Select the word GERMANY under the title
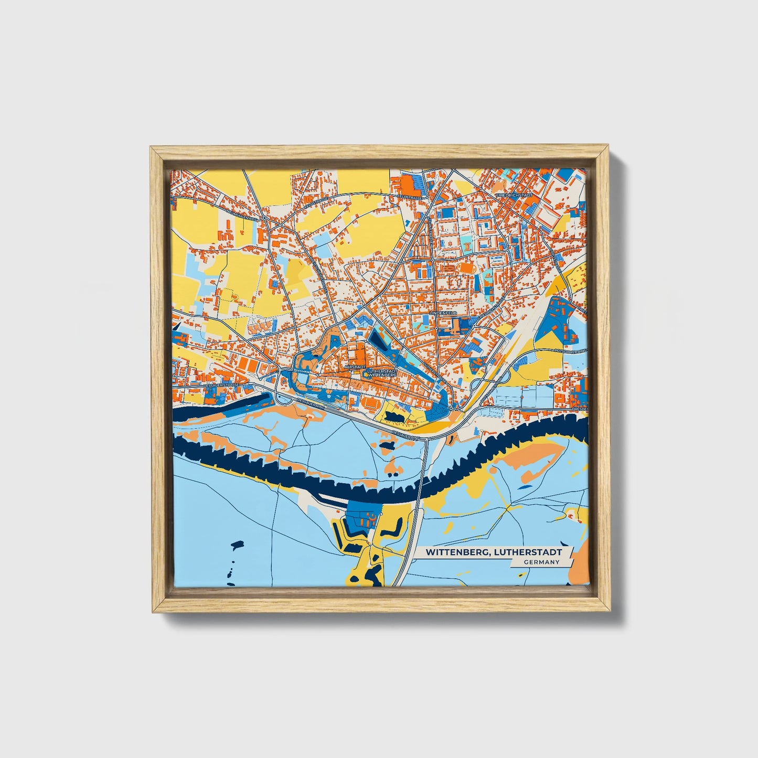click(540, 562)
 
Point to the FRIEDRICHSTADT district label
click(514, 195)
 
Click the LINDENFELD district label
click(443, 313)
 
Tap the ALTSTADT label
click(355, 367)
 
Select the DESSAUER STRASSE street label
click(221, 385)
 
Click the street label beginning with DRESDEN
click(580, 408)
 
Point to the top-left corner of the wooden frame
click(151, 147)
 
